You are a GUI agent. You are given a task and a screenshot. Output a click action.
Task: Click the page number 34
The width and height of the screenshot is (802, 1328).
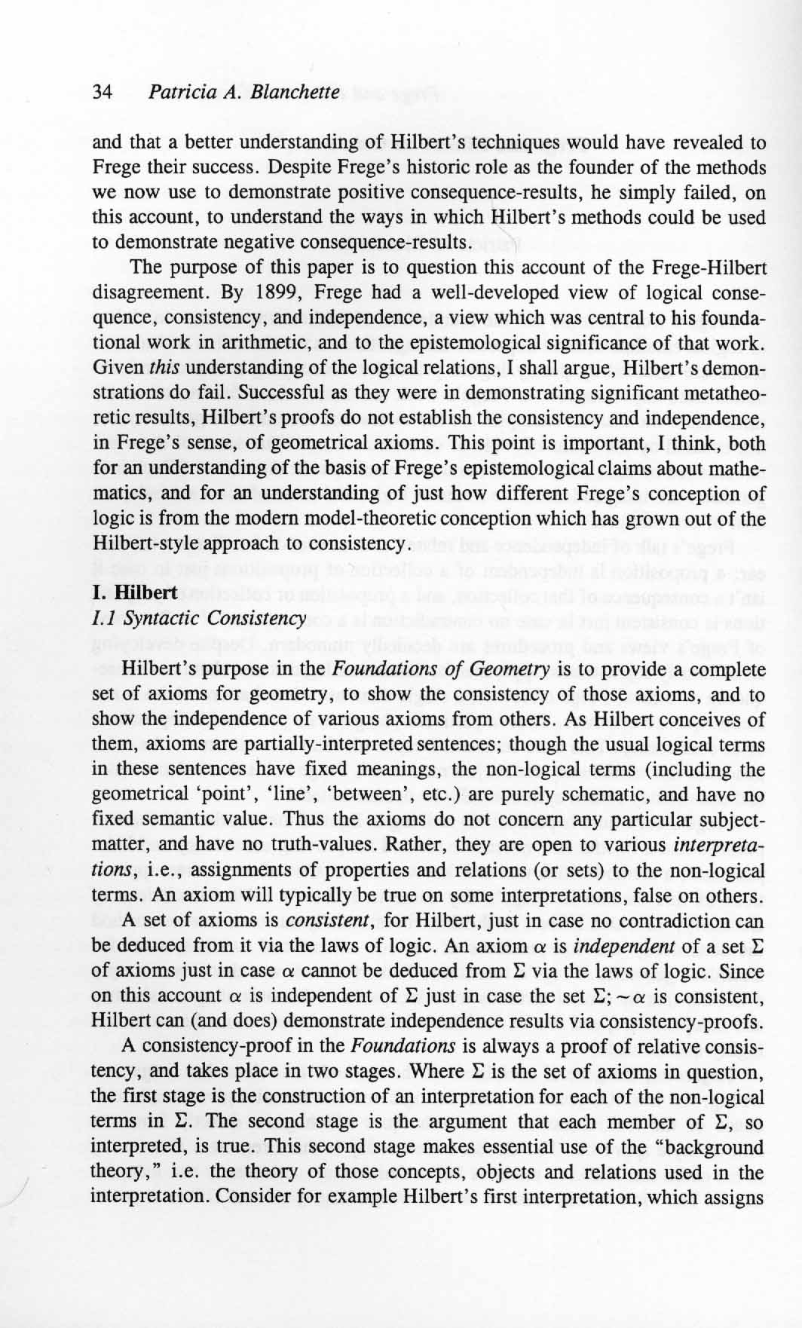(102, 93)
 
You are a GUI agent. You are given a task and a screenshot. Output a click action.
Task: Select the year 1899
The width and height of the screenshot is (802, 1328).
(269, 292)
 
